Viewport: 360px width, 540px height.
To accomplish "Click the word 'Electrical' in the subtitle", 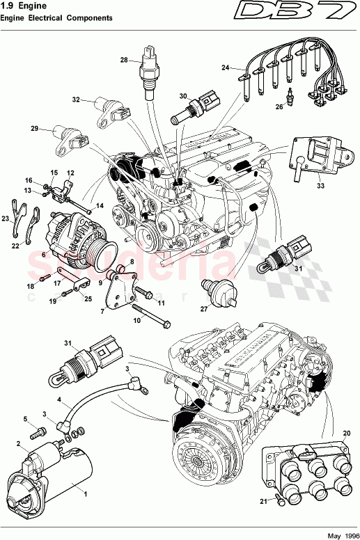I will coord(56,18).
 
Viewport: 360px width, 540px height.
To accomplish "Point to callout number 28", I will coord(123,61).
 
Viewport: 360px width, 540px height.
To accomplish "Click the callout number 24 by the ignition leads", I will coord(225,67).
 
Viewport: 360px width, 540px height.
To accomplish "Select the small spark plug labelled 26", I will coord(289,93).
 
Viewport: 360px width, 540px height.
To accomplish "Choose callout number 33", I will coord(320,186).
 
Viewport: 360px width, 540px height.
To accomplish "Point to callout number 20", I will coord(346,432).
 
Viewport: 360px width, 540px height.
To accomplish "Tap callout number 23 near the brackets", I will coord(6,219).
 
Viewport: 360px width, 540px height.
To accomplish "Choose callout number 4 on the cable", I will coord(59,399).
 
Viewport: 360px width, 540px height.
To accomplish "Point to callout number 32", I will coord(76,100).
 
